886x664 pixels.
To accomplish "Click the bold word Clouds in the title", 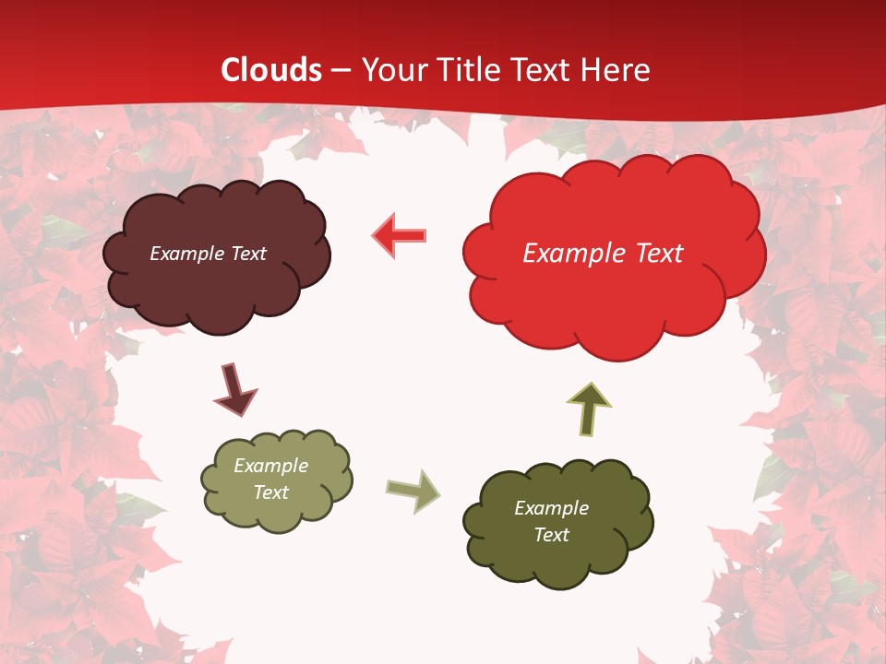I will pyautogui.click(x=272, y=70).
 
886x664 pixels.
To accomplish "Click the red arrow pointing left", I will pyautogui.click(x=400, y=235).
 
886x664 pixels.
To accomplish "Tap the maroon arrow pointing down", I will pyautogui.click(x=234, y=390).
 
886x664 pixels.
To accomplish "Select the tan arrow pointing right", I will pyautogui.click(x=413, y=490).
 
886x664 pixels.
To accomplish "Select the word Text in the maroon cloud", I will pyautogui.click(x=247, y=254).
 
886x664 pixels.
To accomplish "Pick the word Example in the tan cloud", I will pyautogui.click(x=270, y=466).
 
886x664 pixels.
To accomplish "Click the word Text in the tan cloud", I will pyautogui.click(x=270, y=492).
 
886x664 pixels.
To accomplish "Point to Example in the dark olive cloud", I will pyautogui.click(x=551, y=508).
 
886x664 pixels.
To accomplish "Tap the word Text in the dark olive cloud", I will pyautogui.click(x=551, y=535).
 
